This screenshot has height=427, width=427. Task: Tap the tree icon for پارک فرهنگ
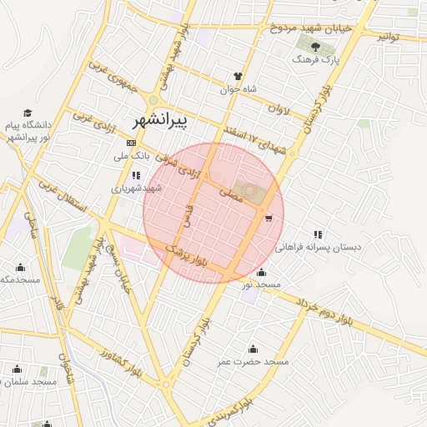click(x=315, y=47)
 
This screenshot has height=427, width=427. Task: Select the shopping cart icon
click(x=268, y=219)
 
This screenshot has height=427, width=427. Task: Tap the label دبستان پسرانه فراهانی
click(x=316, y=248)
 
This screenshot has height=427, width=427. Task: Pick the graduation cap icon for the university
click(x=28, y=113)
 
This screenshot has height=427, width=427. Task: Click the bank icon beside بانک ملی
click(x=130, y=143)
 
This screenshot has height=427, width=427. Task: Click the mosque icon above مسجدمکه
click(x=20, y=268)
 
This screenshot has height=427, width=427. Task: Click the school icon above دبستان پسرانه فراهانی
click(x=318, y=234)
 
